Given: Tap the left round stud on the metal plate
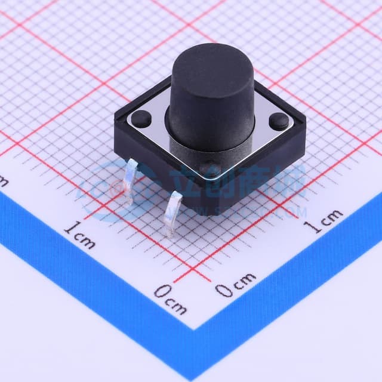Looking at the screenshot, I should coord(141,117).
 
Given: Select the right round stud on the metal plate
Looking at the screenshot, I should coord(278,122).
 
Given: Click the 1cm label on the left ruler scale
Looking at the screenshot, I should coord(79,234).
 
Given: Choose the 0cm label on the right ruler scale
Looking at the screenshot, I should coord(235,285).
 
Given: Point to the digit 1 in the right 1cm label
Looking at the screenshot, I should coord(309,227).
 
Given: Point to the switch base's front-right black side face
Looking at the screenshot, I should coord(257,179).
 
